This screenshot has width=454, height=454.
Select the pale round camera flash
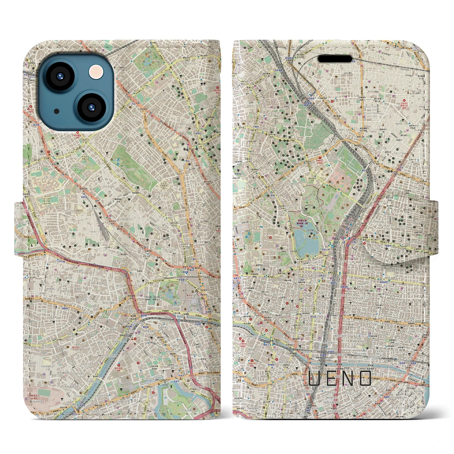[x=95, y=72]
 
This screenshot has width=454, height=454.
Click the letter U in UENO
[x=314, y=378]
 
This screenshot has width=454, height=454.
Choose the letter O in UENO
[x=366, y=378]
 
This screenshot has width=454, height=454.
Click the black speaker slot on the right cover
[x=334, y=59]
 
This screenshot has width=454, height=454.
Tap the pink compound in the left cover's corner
[x=39, y=403]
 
